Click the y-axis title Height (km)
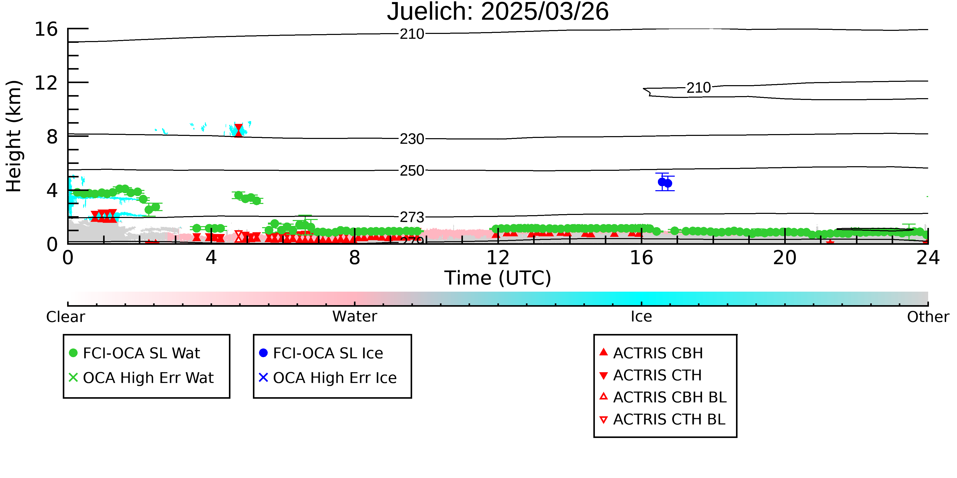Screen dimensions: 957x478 [x=14, y=136]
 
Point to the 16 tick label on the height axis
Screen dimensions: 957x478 [x=46, y=29]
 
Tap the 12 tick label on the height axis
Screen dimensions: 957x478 [x=46, y=83]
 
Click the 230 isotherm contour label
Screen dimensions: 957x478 [x=412, y=139]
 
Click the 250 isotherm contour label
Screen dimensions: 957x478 [x=412, y=171]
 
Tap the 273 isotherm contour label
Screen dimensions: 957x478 [x=412, y=217]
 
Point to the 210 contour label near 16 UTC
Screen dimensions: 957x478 [x=698, y=88]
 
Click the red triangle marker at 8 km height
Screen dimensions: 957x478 [x=239, y=131]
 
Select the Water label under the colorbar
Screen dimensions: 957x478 [x=355, y=317]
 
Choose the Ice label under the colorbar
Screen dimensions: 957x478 [x=641, y=317]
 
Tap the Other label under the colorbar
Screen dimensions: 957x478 [x=928, y=317]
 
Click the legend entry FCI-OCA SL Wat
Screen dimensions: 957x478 [x=135, y=353]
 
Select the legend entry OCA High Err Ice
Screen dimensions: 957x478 [x=328, y=378]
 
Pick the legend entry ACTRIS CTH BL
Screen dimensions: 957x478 [x=662, y=419]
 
